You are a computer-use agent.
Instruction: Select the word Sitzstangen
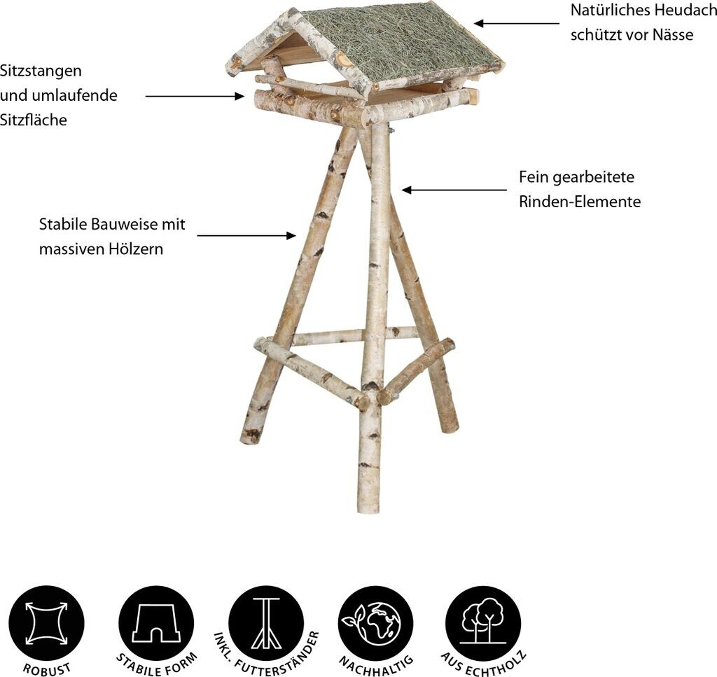tap(41, 71)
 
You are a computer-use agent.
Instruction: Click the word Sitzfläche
tap(34, 120)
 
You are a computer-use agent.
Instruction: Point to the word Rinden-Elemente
tap(580, 202)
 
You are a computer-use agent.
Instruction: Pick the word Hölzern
tap(136, 249)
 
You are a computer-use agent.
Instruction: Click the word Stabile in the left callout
tap(63, 225)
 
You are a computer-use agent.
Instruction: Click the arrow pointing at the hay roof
tap(517, 23)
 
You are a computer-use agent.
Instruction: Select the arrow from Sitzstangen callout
tap(195, 96)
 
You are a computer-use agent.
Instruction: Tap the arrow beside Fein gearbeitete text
tap(454, 190)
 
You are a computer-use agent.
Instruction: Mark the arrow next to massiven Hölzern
tap(246, 235)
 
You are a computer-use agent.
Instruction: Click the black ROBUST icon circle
tap(47, 624)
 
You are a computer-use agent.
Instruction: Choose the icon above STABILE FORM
tap(156, 624)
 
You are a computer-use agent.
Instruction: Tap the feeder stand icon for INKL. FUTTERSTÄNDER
tap(266, 624)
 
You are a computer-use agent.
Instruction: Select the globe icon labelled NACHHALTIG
tap(376, 624)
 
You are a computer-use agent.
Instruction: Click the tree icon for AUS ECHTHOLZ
tap(483, 624)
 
